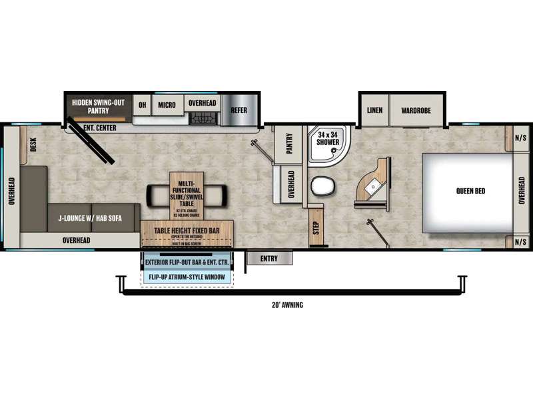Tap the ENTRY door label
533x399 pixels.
[270, 257]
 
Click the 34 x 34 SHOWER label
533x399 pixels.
[327, 137]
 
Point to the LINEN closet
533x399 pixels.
[374, 110]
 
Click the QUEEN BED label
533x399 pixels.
[470, 191]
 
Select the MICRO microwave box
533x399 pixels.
[167, 104]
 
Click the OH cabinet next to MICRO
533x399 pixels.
[142, 104]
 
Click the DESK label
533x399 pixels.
[33, 144]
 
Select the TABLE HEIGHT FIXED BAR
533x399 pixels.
[187, 231]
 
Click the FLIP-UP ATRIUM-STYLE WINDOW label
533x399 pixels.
[187, 277]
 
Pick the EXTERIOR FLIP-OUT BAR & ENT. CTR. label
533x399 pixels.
[187, 262]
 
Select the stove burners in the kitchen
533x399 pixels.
[202, 119]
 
